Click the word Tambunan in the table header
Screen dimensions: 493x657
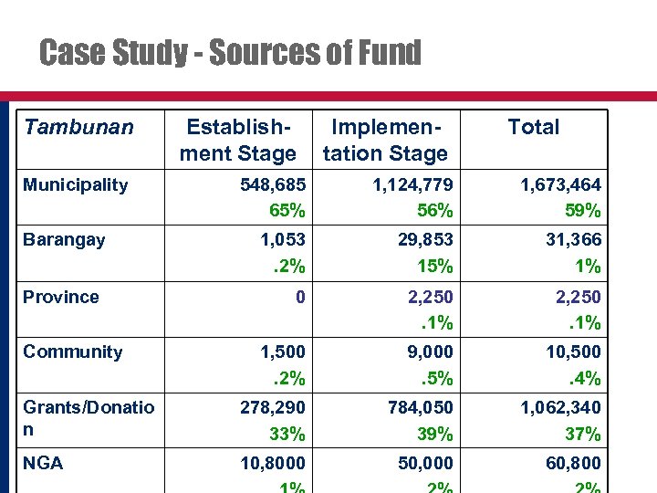click(x=78, y=127)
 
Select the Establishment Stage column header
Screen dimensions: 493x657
click(x=237, y=140)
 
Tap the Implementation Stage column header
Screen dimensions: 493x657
click(x=385, y=140)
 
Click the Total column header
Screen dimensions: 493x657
click(x=533, y=127)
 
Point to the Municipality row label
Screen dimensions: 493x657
click(x=76, y=185)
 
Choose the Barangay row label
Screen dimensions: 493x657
click(x=64, y=240)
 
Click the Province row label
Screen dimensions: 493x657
click(x=61, y=297)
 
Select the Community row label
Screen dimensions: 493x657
click(x=73, y=351)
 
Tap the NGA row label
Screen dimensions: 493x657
click(x=43, y=463)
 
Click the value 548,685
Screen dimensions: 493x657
click(x=273, y=185)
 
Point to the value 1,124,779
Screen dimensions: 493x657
click(x=412, y=185)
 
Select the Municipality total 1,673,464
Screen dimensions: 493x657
click(x=560, y=185)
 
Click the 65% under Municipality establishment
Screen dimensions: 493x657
click(x=287, y=211)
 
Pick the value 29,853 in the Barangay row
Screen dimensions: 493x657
click(x=425, y=240)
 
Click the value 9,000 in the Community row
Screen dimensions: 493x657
click(x=430, y=351)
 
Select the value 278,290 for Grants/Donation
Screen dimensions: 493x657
click(x=273, y=408)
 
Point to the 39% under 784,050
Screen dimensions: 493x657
click(x=434, y=434)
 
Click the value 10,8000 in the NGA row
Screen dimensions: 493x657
click(x=273, y=463)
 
